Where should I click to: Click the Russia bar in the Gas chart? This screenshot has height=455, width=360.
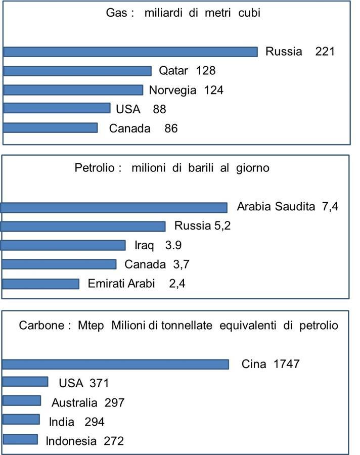point(130,52)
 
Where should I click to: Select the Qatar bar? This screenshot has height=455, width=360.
point(77,71)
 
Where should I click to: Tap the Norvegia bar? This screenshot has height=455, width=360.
point(73,90)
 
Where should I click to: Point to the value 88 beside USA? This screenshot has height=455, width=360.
point(159,109)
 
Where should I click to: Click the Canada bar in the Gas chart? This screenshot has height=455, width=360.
point(50,128)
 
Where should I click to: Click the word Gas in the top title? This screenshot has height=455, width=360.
point(116,13)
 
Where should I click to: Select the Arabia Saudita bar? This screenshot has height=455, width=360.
point(114,208)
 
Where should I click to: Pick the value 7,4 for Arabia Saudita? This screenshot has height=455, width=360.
point(330,206)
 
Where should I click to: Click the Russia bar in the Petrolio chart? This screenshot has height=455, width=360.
point(83,226)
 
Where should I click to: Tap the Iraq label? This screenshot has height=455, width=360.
point(144,246)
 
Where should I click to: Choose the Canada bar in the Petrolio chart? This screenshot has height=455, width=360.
point(59,264)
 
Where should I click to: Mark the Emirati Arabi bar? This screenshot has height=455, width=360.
point(40,284)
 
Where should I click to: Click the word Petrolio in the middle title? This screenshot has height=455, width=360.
point(95,168)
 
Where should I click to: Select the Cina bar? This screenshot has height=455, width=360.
point(115,365)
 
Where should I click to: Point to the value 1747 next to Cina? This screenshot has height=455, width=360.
point(286,364)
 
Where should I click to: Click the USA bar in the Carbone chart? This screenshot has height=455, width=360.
point(25,382)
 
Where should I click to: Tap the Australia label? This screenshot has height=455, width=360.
point(74,403)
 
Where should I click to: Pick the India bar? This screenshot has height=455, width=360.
point(21,419)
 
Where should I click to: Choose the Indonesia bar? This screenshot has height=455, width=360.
point(20,439)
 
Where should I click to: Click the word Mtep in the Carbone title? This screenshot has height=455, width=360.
point(91,326)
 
